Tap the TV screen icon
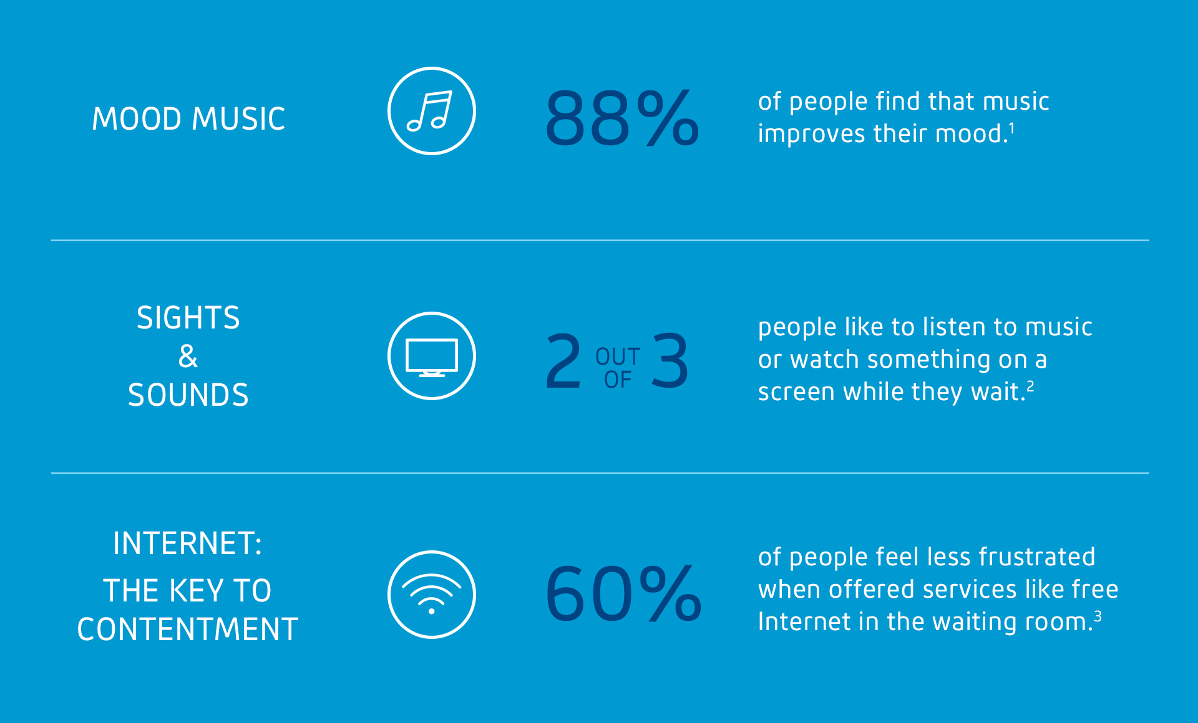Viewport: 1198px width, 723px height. (432, 357)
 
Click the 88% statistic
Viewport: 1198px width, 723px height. (621, 118)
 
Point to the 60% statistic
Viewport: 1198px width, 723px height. (623, 593)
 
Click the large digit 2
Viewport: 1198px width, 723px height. (563, 361)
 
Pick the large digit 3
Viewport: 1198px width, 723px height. (670, 361)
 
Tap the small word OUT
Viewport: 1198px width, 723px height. (618, 357)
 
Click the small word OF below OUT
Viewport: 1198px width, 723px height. (618, 380)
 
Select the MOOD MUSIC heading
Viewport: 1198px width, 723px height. (188, 119)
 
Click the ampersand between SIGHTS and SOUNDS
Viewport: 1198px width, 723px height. (188, 357)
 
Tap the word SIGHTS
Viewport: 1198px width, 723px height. (188, 318)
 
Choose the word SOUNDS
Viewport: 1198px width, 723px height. (188, 395)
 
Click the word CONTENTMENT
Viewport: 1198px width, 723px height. (188, 630)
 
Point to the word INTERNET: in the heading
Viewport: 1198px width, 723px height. (188, 543)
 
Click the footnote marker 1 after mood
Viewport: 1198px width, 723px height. (1011, 128)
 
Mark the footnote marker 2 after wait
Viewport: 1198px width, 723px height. (1030, 386)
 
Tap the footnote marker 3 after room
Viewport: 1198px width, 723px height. (1098, 616)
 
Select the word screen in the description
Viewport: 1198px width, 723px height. (797, 392)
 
